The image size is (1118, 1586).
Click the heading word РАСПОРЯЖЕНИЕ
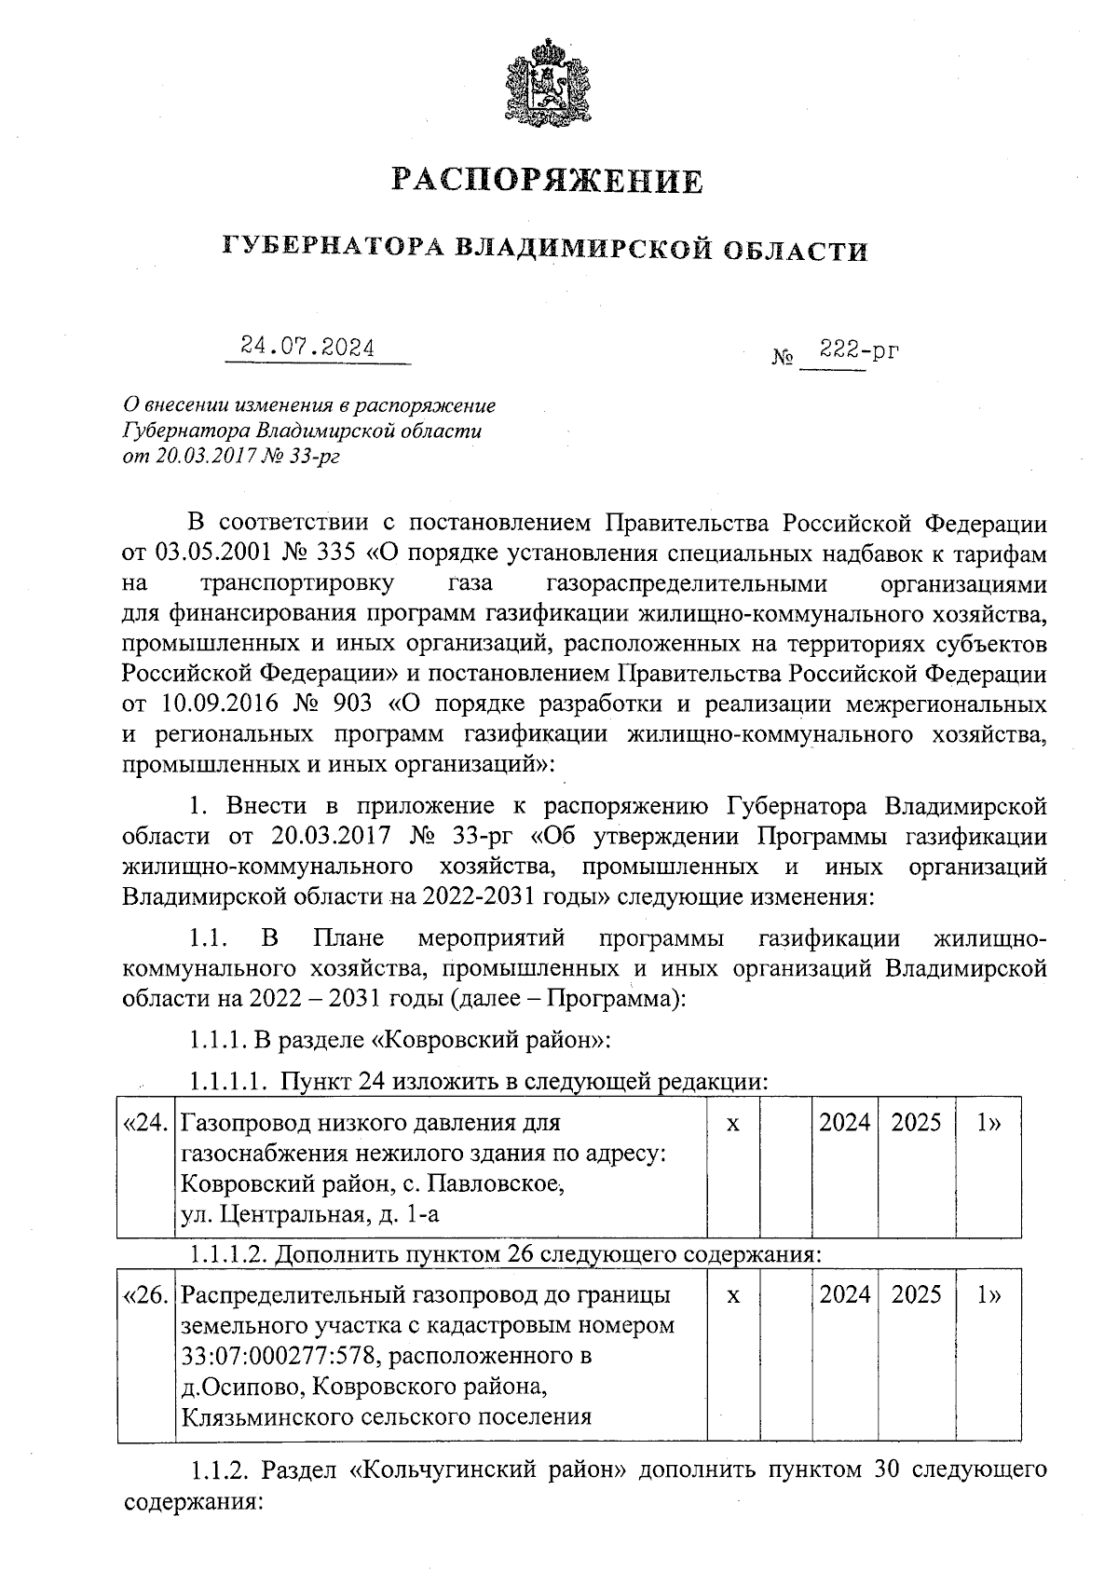coord(547,180)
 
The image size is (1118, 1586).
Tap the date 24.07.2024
coord(308,348)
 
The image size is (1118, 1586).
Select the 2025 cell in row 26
coord(916,1294)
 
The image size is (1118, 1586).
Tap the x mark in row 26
coord(733,1295)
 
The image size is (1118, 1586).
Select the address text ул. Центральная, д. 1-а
coord(309,1213)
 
